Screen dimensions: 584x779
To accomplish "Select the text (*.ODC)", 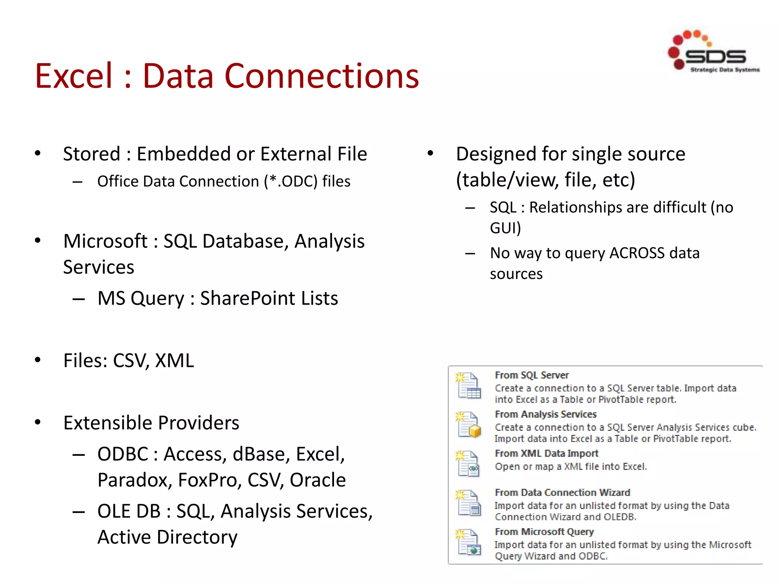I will (291, 181).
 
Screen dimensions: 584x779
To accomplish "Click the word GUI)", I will (505, 228).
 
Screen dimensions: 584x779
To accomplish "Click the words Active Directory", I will (167, 537).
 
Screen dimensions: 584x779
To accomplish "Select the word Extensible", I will (108, 423).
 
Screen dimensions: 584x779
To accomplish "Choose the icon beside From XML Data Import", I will (468, 463).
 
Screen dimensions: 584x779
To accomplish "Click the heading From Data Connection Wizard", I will (562, 492).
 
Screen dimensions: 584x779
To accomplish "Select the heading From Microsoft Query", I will (544, 532).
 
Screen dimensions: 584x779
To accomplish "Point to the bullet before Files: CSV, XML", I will (38, 360).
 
